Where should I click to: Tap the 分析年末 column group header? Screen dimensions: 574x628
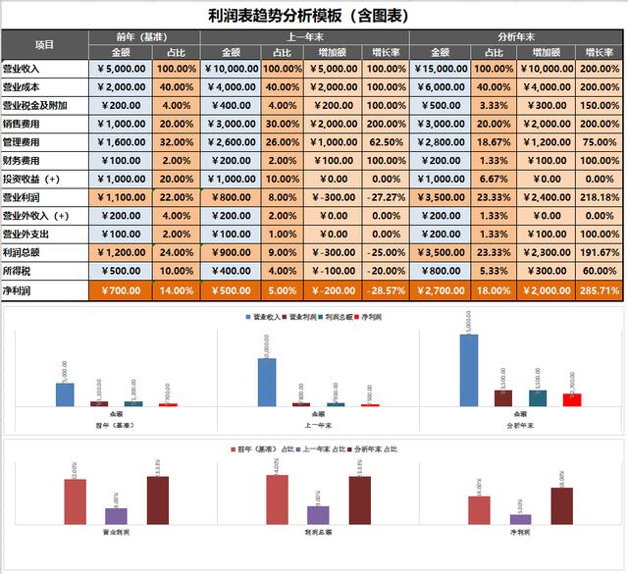(x=515, y=36)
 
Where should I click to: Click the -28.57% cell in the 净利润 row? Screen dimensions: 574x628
(x=385, y=290)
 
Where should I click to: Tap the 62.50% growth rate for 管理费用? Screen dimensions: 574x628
(x=385, y=142)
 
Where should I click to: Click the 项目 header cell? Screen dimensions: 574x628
(x=44, y=44)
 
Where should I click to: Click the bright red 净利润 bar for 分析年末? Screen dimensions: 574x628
(x=572, y=399)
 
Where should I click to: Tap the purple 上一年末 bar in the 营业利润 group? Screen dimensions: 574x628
(x=116, y=515)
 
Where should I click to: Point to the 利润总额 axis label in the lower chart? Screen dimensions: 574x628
(x=316, y=531)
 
